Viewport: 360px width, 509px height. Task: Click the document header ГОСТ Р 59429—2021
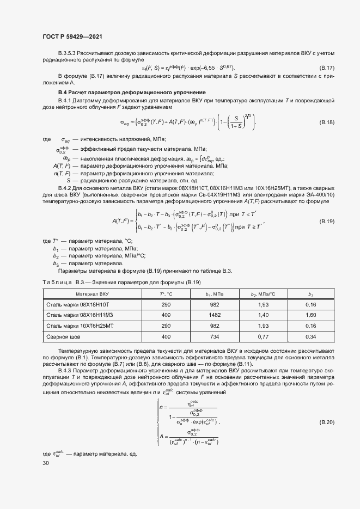click(x=72, y=36)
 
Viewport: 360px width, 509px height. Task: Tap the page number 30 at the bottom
click(x=46, y=463)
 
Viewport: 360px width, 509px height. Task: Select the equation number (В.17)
click(x=326, y=67)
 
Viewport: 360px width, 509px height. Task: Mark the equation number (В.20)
click(x=326, y=422)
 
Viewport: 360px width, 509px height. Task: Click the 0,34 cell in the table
click(x=311, y=337)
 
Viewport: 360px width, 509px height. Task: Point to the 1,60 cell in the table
click(x=311, y=315)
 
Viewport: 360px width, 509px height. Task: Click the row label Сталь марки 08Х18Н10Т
click(x=78, y=304)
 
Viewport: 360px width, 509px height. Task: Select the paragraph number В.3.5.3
click(x=68, y=52)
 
